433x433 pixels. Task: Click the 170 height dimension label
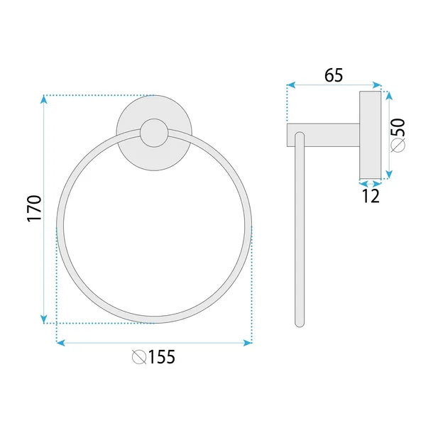(34, 208)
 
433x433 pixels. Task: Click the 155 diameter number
(162, 356)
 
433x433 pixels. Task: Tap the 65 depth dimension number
(334, 75)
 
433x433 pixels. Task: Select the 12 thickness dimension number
(371, 196)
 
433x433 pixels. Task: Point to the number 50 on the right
(398, 127)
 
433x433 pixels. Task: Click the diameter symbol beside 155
(139, 357)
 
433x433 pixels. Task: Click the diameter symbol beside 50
(398, 145)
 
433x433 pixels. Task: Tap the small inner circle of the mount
(154, 133)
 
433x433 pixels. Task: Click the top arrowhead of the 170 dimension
(43, 99)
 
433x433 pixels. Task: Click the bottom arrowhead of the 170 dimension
(43, 319)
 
